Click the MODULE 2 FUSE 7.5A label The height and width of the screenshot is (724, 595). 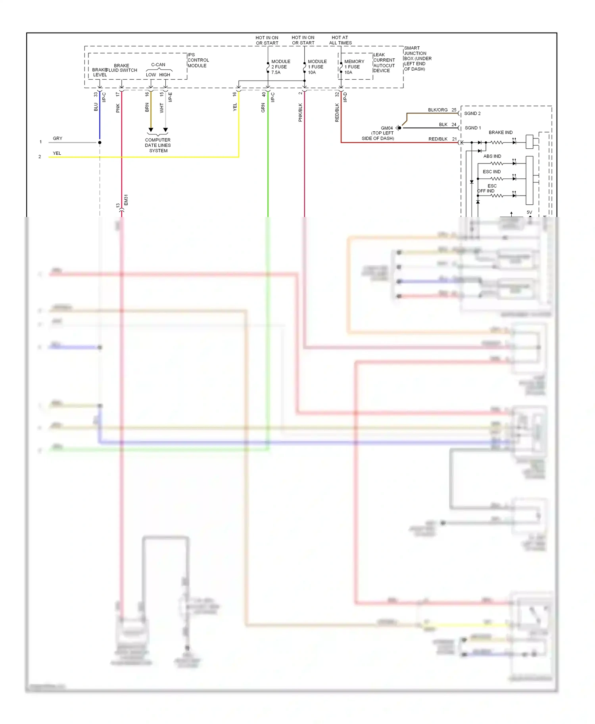click(280, 67)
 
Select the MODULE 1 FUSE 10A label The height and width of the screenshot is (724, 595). click(317, 67)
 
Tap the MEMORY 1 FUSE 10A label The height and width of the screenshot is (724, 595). click(354, 67)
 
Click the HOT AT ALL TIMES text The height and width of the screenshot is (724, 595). click(340, 40)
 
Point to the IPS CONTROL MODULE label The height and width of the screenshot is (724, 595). click(198, 60)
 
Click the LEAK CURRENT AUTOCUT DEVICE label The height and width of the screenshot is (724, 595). click(384, 63)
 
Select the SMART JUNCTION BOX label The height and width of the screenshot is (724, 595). click(417, 58)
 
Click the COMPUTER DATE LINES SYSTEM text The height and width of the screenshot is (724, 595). click(158, 145)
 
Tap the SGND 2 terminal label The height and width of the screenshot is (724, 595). click(472, 113)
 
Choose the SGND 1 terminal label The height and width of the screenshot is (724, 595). click(472, 128)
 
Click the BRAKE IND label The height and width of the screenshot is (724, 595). click(500, 133)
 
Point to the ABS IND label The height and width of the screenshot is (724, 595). click(492, 156)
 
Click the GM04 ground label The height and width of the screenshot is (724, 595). click(386, 128)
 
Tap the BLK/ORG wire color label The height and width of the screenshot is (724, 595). click(438, 110)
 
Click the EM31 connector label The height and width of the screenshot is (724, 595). click(126, 200)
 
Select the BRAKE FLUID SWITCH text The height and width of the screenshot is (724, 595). click(121, 68)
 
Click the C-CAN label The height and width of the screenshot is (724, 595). click(158, 65)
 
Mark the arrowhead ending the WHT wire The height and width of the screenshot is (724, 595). click(165, 130)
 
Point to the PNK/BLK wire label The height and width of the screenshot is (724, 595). click(300, 112)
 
